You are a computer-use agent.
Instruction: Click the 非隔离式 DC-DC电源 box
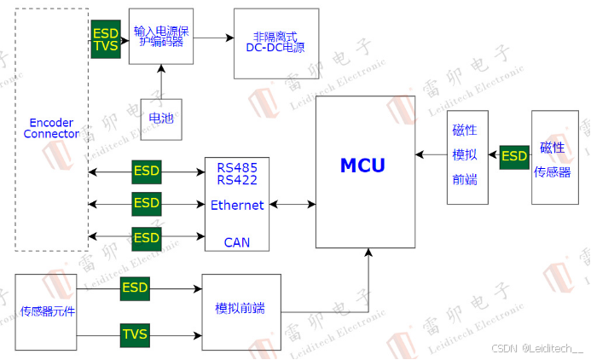coord(276,44)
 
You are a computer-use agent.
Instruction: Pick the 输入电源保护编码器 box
coord(160,37)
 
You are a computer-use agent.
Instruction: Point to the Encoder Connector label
coord(51,128)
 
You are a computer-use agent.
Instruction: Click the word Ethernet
coord(237,205)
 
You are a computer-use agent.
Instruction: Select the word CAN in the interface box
coord(237,242)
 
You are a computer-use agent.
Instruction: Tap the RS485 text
coord(237,166)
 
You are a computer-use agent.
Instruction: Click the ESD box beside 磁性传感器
coord(514,156)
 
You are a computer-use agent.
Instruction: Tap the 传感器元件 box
coord(48,311)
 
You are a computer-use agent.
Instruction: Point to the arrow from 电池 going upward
coord(160,82)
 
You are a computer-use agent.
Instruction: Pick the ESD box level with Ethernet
coord(146,204)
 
